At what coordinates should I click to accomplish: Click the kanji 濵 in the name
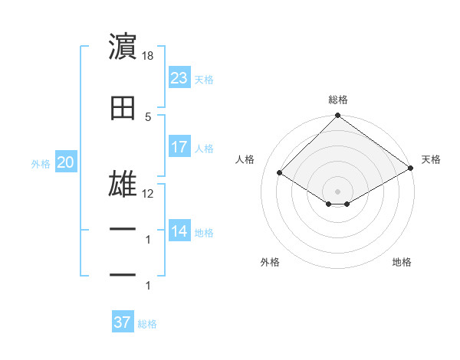pyautogui.click(x=123, y=47)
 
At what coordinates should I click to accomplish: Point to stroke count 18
pyautogui.click(x=149, y=56)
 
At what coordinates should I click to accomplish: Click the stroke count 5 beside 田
pyautogui.click(x=148, y=117)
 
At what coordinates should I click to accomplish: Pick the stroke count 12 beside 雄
pyautogui.click(x=148, y=194)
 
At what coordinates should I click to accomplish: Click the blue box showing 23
pyautogui.click(x=179, y=78)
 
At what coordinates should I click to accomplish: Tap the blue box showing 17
pyautogui.click(x=179, y=147)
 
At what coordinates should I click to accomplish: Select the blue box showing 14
pyautogui.click(x=179, y=231)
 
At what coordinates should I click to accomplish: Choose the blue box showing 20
pyautogui.click(x=65, y=162)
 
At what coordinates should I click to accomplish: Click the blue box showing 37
pyautogui.click(x=122, y=322)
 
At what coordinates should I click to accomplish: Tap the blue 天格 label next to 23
pyautogui.click(x=204, y=80)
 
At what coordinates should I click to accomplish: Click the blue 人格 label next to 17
pyautogui.click(x=204, y=149)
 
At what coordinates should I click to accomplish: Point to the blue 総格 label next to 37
pyautogui.click(x=147, y=324)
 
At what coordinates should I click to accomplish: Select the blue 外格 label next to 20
pyautogui.click(x=41, y=164)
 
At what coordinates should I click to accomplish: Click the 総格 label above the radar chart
pyautogui.click(x=338, y=100)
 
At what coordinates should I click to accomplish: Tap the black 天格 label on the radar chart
pyautogui.click(x=431, y=159)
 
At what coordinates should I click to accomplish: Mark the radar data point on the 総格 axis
pyautogui.click(x=337, y=116)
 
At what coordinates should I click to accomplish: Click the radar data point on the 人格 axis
pyautogui.click(x=280, y=173)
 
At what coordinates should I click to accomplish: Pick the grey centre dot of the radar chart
pyautogui.click(x=337, y=191)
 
